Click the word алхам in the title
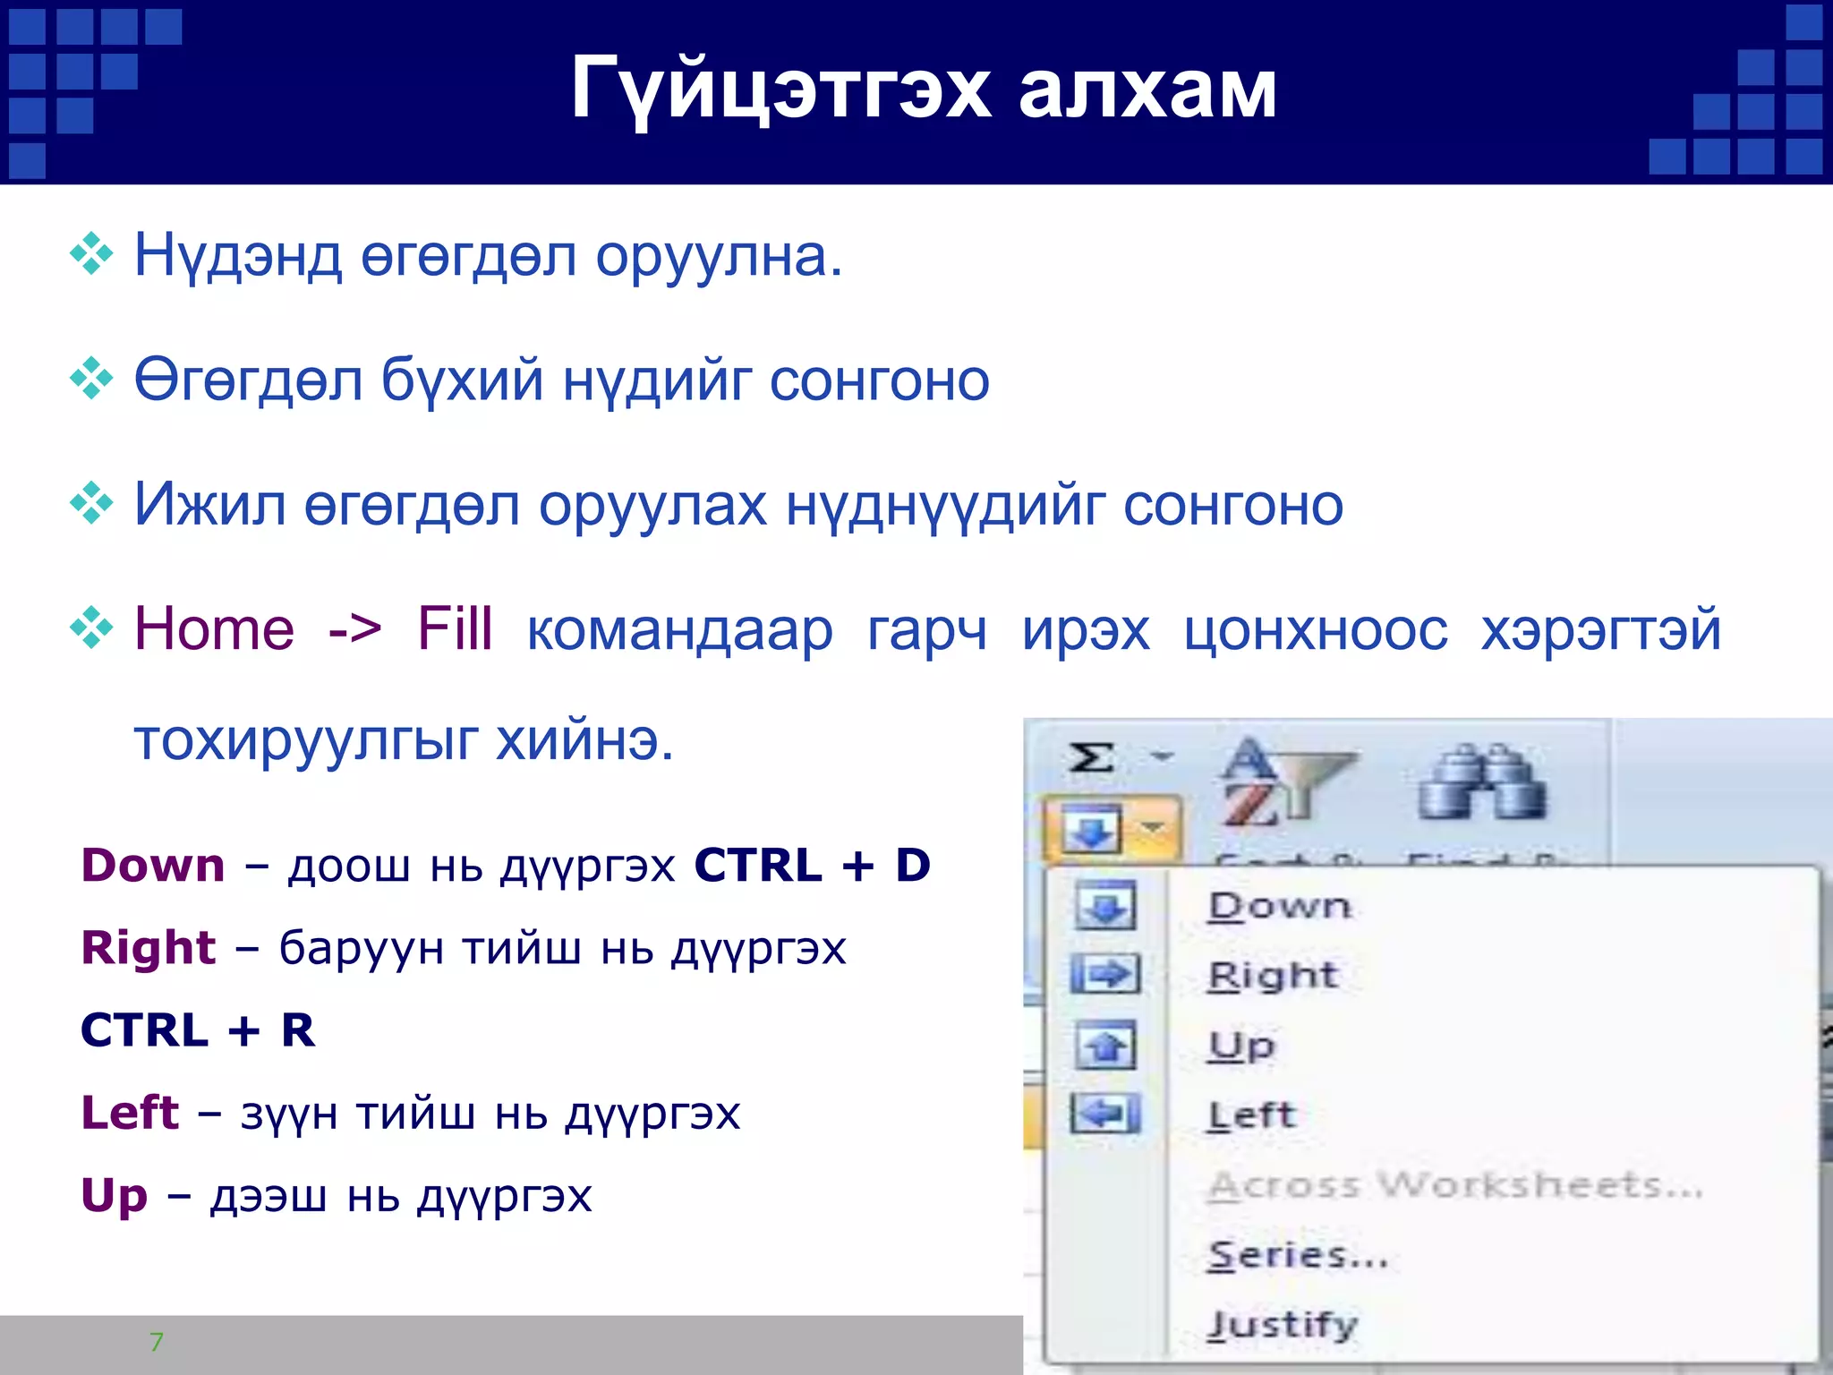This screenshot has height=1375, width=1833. click(1147, 90)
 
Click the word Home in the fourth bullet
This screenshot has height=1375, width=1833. click(214, 628)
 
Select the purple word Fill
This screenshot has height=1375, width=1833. click(455, 628)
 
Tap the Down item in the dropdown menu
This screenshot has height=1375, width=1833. click(1279, 906)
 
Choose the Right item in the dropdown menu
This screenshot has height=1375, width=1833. click(1273, 975)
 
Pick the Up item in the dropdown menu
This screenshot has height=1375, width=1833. click(1241, 1045)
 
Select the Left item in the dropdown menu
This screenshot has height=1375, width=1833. click(1251, 1115)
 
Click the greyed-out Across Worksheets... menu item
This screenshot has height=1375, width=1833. click(1454, 1185)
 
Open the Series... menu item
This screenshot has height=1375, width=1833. click(1297, 1255)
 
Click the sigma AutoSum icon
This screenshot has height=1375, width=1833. click(1093, 758)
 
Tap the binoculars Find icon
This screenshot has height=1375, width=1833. click(1481, 783)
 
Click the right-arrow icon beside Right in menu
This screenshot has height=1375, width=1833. click(1106, 974)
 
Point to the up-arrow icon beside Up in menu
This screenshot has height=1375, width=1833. click(1106, 1045)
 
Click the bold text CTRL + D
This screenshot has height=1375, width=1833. click(812, 866)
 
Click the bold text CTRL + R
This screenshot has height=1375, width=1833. click(198, 1030)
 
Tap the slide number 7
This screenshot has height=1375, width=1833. click(157, 1342)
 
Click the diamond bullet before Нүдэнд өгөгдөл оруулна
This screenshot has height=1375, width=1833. click(91, 254)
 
